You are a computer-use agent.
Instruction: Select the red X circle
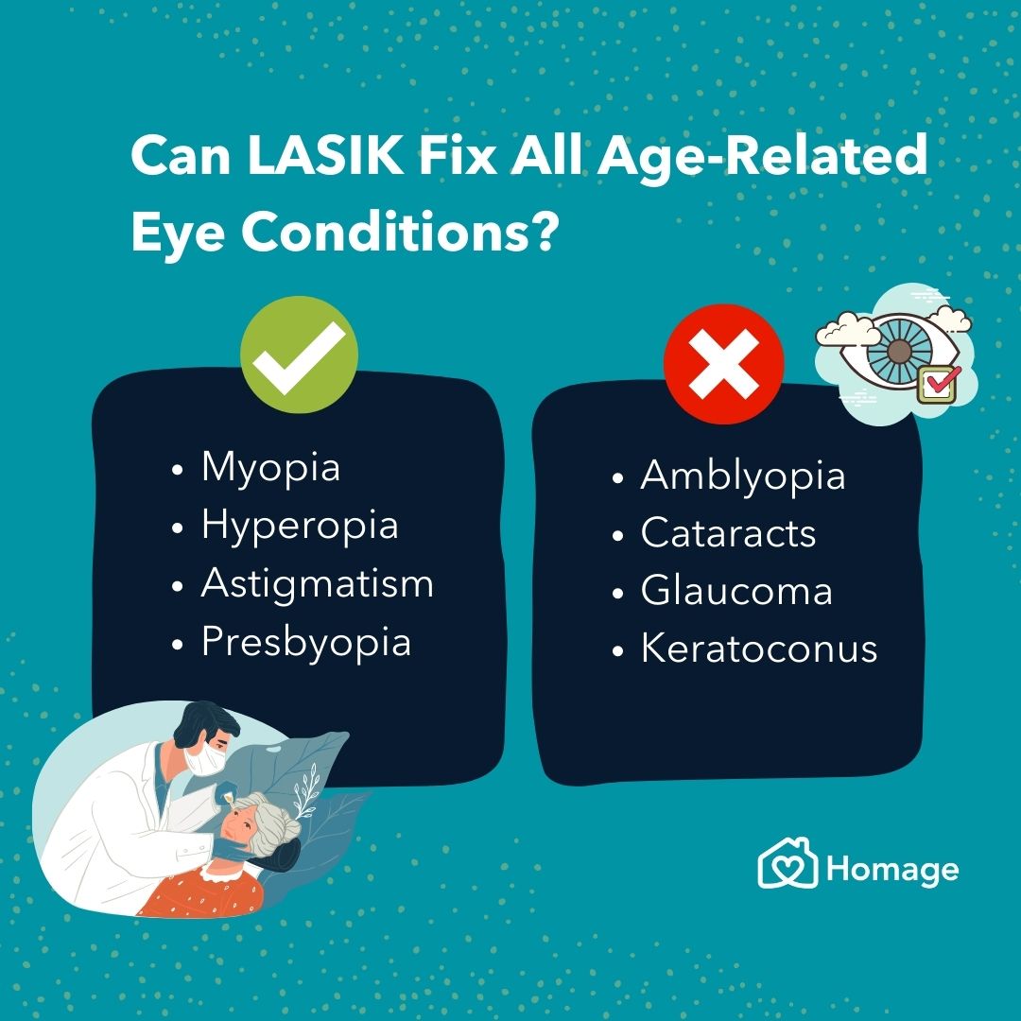[723, 363]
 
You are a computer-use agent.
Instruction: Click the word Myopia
[270, 467]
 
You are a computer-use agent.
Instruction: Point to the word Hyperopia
[299, 526]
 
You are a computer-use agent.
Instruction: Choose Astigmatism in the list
[317, 583]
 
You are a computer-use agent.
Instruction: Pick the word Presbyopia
[305, 643]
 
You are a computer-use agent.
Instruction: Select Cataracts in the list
[728, 533]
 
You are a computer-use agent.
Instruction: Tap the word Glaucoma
[736, 592]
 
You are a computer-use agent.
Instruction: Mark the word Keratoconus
[759, 649]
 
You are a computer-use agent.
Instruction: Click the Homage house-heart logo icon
[787, 865]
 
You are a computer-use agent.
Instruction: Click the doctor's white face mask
[207, 759]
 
